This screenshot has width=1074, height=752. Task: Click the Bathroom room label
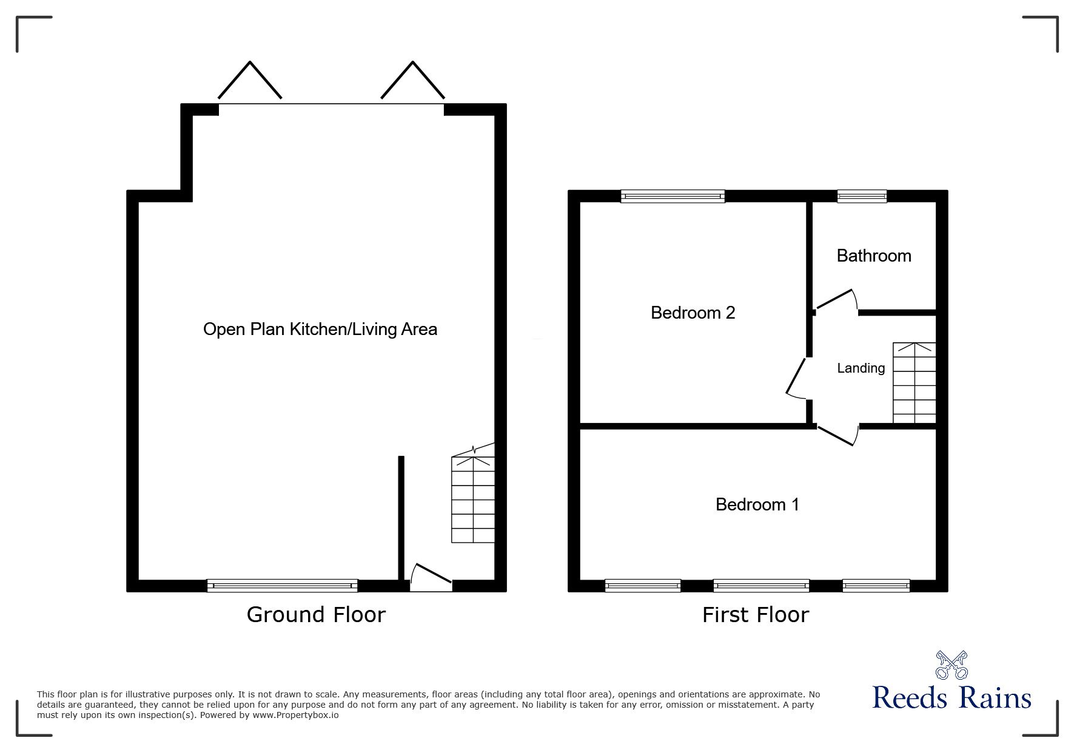pyautogui.click(x=873, y=256)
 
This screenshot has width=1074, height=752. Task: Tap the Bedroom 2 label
pyautogui.click(x=693, y=313)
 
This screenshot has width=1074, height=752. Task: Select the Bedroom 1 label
pyautogui.click(x=757, y=504)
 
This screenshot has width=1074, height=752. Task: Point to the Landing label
pyautogui.click(x=861, y=368)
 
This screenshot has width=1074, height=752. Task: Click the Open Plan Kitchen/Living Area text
pyautogui.click(x=320, y=329)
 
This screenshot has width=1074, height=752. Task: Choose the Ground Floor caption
pyautogui.click(x=316, y=615)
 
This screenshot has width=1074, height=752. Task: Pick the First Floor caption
pyautogui.click(x=755, y=615)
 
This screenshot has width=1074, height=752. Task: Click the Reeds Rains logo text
pyautogui.click(x=951, y=698)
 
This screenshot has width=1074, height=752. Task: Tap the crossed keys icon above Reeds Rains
pyautogui.click(x=951, y=665)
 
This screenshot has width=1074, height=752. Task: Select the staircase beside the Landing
pyautogui.click(x=914, y=383)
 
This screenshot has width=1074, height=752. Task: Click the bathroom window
pyautogui.click(x=862, y=196)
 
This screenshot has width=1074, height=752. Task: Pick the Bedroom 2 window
pyautogui.click(x=673, y=196)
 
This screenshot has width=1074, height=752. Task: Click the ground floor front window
pyautogui.click(x=282, y=586)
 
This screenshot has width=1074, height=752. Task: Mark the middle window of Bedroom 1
pyautogui.click(x=761, y=586)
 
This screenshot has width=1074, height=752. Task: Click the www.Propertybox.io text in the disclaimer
pyautogui.click(x=295, y=715)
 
